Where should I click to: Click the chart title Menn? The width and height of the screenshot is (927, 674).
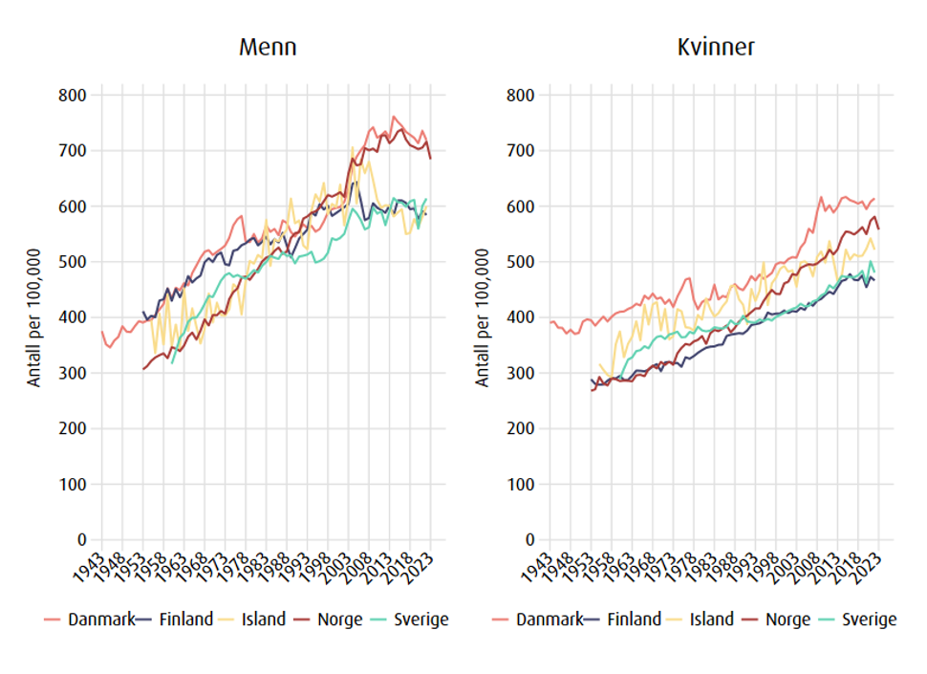coord(268,47)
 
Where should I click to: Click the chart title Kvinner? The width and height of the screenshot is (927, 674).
coord(716,47)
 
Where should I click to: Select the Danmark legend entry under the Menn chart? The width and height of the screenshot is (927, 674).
coord(94,620)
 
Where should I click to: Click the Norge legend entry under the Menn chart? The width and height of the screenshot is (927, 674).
coord(338,620)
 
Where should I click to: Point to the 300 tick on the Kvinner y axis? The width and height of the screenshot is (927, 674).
coord(522,373)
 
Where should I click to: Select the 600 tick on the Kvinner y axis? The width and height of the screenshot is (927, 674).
coord(522,207)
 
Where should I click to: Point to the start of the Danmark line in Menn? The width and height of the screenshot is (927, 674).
coord(102,332)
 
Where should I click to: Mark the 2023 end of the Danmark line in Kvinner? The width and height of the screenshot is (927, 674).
coord(874,199)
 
